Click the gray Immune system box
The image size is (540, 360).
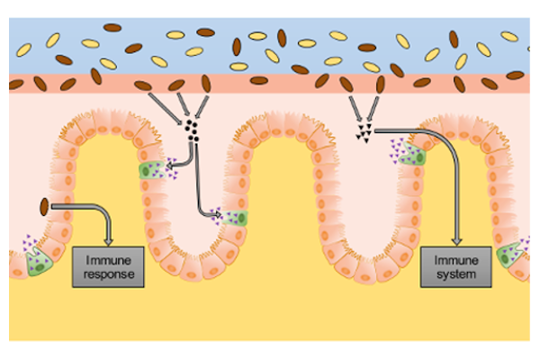pyautogui.click(x=455, y=266)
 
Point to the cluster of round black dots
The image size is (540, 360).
pyautogui.click(x=192, y=129)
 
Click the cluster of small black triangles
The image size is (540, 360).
pyautogui.click(x=364, y=132)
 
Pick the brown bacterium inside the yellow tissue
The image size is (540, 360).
pyautogui.click(x=44, y=206)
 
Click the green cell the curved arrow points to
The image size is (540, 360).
pyautogui.click(x=150, y=169)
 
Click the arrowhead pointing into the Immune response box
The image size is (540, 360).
pyautogui.click(x=110, y=240)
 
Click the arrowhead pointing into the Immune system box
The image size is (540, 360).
pyautogui.click(x=456, y=240)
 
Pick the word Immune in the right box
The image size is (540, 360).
pyautogui.click(x=455, y=259)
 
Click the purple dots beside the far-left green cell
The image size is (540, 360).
pyautogui.click(x=27, y=243)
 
